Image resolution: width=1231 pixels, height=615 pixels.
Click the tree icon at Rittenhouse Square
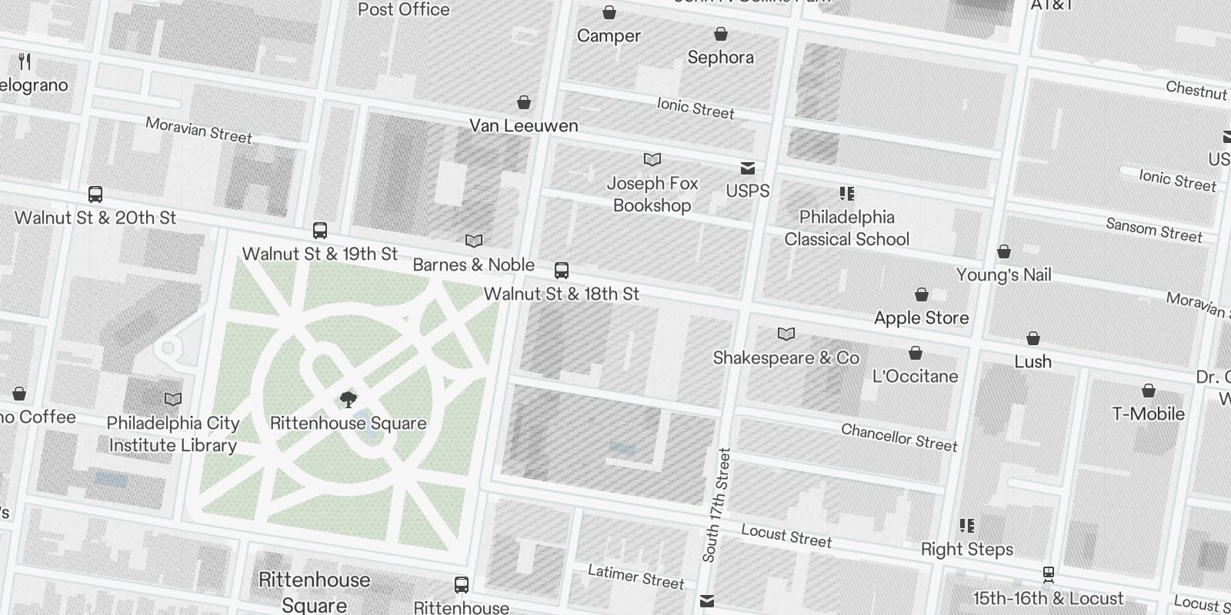tap(349, 399)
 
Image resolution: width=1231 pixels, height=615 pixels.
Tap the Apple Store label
tap(921, 317)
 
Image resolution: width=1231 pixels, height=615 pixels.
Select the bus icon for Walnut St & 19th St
tap(320, 231)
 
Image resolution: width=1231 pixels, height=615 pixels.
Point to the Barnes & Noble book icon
tap(474, 241)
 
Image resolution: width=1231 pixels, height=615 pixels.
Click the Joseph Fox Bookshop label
tap(652, 194)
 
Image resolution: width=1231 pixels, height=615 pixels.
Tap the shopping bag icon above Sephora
tap(721, 35)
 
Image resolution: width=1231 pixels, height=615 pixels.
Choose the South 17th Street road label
tap(716, 504)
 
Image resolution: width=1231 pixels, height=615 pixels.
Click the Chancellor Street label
tap(899, 437)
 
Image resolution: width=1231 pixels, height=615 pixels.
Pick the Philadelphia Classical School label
tap(846, 228)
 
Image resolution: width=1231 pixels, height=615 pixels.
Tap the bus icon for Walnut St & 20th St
tap(95, 194)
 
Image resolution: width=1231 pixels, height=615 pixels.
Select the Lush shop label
tap(1033, 361)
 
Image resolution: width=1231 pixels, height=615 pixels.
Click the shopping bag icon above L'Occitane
tap(916, 354)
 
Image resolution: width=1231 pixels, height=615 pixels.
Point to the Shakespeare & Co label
tap(786, 357)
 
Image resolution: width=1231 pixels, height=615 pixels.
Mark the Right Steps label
tap(966, 549)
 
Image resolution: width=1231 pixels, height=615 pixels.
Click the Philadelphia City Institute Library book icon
tap(173, 400)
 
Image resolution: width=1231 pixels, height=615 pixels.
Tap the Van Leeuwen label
tap(523, 125)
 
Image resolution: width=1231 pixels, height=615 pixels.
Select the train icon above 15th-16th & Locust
tap(1048, 575)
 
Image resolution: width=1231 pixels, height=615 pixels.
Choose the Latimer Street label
tap(636, 577)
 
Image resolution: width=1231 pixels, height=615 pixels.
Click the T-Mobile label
tap(1148, 414)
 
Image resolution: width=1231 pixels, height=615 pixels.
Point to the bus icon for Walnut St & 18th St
tap(562, 271)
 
